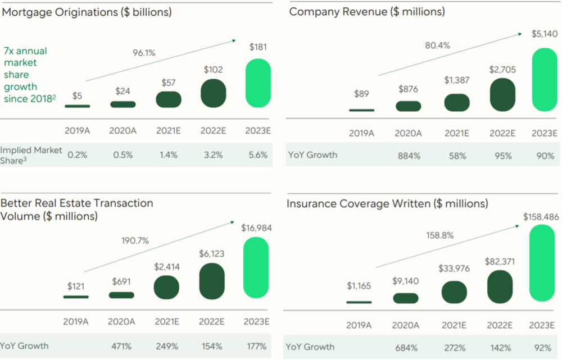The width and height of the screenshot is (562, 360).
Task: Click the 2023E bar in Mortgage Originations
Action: tap(259, 83)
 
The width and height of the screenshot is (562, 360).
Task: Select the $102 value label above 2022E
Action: tap(213, 70)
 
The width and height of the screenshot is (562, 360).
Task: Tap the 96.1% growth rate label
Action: tap(144, 53)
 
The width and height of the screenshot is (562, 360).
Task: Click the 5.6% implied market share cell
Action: tap(258, 155)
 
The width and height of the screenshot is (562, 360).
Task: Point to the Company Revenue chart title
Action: tap(367, 12)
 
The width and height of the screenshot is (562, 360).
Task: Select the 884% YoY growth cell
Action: tap(409, 156)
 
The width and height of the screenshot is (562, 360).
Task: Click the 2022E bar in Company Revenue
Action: tap(502, 94)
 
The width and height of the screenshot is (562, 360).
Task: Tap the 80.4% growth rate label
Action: tap(438, 45)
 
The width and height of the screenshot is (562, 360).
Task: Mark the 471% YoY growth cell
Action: tap(122, 346)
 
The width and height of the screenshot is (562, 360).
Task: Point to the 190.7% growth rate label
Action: tap(135, 241)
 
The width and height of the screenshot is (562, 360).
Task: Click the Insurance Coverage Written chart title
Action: tap(387, 203)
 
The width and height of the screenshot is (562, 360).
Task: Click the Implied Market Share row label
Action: tap(31, 155)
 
